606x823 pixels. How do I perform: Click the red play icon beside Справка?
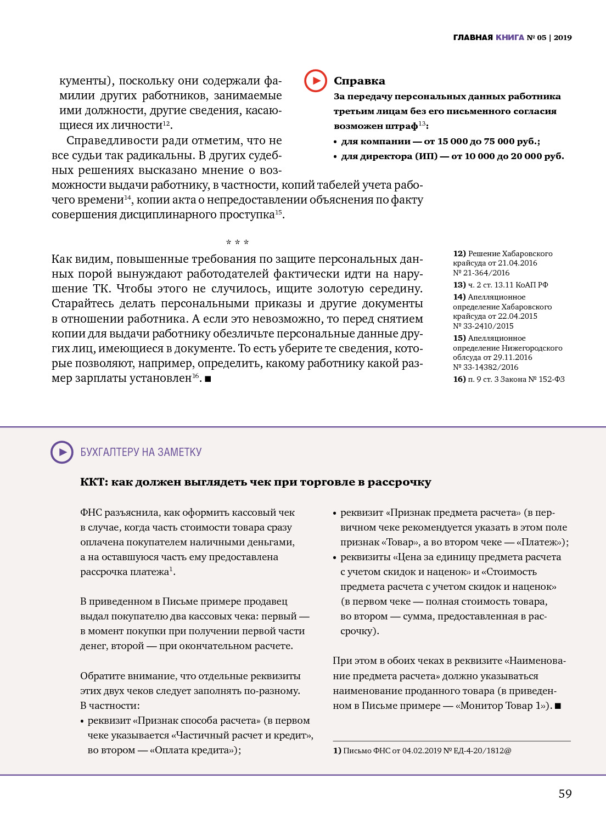316,81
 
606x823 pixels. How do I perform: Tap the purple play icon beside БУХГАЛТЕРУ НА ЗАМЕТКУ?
62,452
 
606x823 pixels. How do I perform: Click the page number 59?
565,793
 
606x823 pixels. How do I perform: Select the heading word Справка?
360,81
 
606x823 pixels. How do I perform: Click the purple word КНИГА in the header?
510,37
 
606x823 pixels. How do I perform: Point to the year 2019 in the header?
563,37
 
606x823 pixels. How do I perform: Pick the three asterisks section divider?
237,243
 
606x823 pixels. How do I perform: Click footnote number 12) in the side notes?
459,253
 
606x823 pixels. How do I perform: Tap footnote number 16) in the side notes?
459,379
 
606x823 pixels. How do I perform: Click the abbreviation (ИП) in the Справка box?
427,156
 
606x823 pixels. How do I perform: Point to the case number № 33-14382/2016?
485,367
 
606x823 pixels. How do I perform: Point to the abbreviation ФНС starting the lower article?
91,512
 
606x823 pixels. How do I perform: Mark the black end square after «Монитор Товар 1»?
558,706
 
